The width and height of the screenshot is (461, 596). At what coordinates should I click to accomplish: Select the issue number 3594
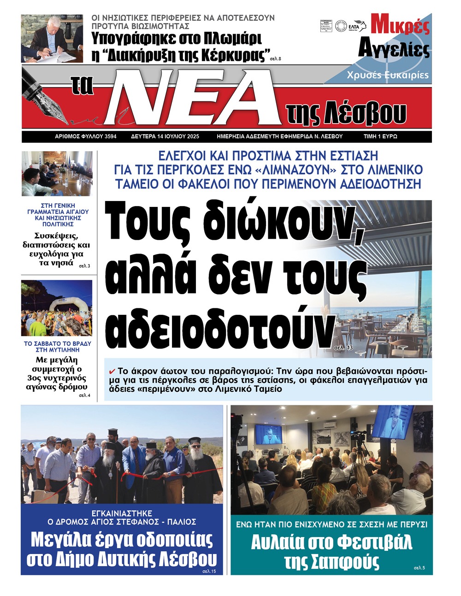pos(104,137)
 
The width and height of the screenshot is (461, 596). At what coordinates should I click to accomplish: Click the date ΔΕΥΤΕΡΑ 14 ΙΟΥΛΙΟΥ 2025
pos(165,137)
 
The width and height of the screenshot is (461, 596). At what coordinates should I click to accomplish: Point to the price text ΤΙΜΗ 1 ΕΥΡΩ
pos(380,137)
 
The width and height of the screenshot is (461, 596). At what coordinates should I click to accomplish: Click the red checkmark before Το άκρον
pos(112,371)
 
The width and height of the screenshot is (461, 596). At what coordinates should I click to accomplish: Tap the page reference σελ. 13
pos(343,348)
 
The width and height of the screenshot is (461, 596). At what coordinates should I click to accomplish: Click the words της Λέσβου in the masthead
pos(346,112)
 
